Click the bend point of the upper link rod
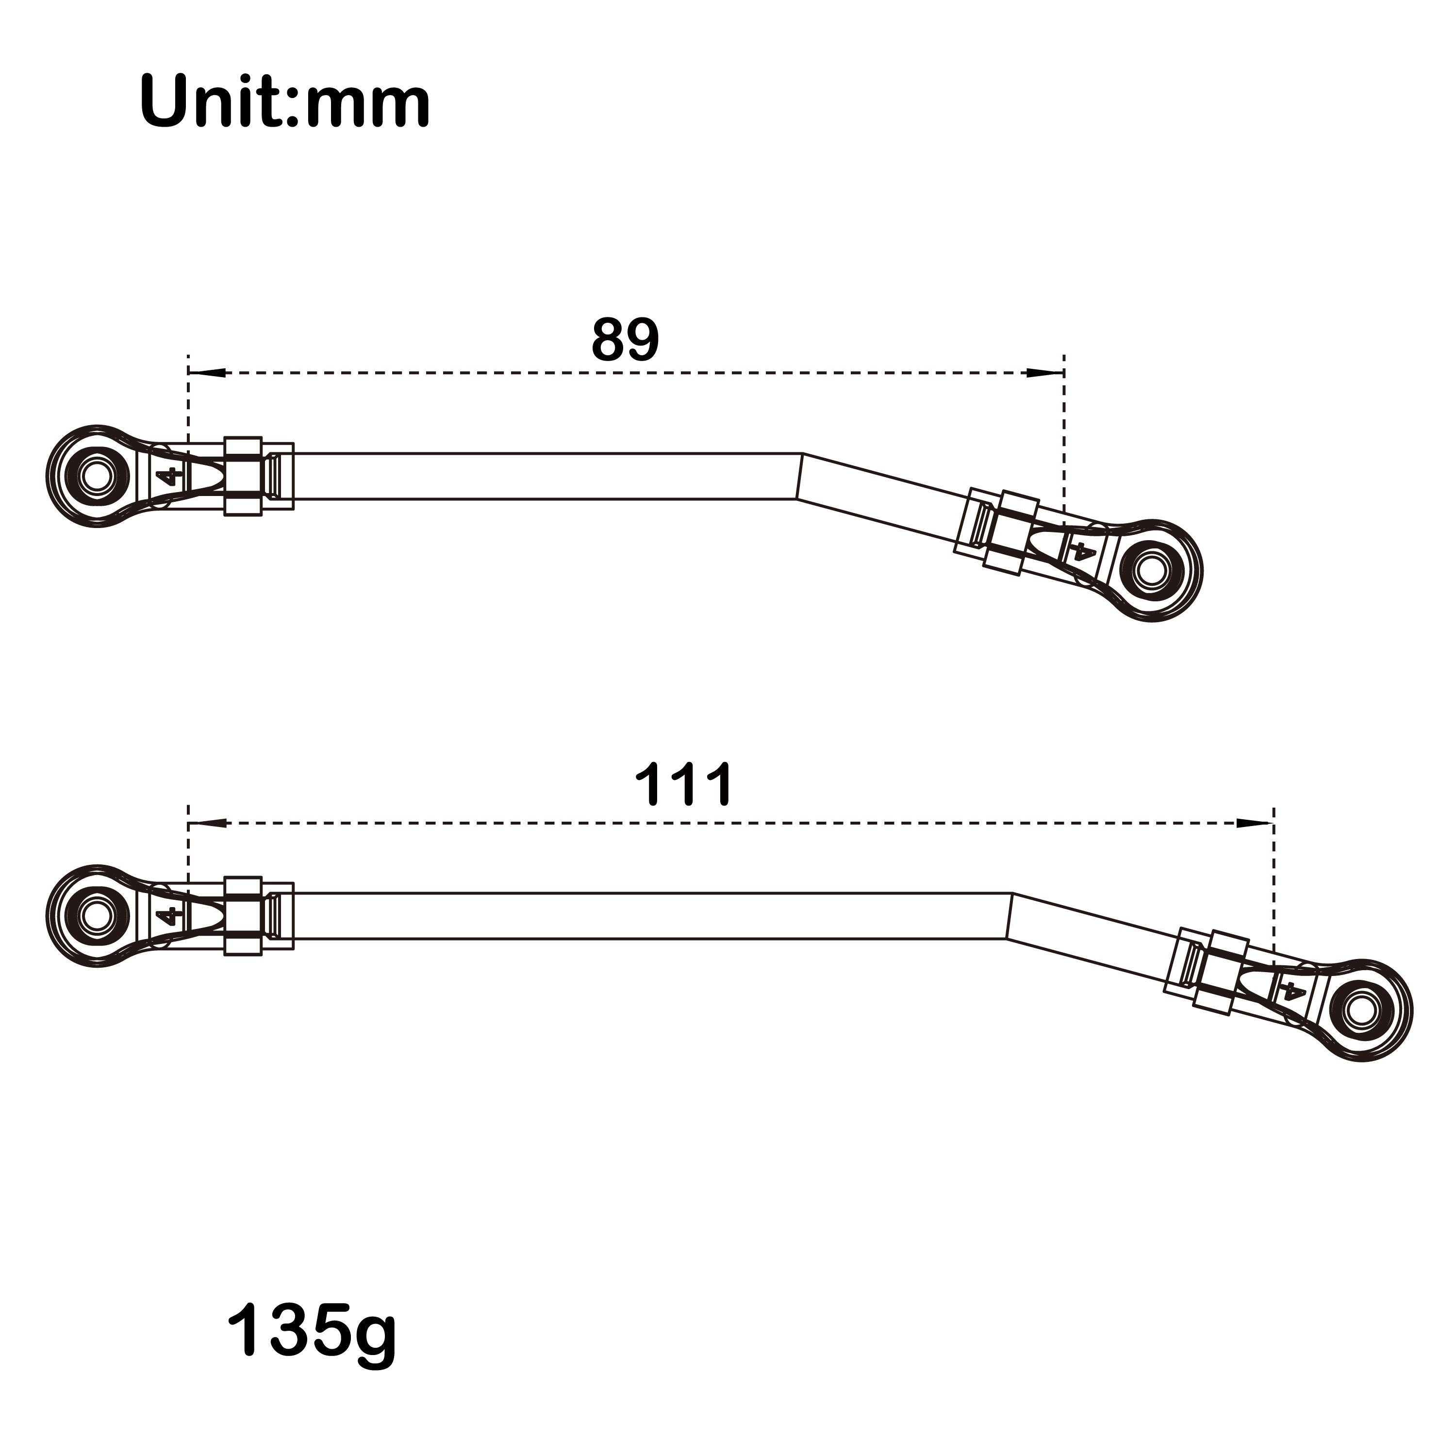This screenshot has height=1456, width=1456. [x=800, y=476]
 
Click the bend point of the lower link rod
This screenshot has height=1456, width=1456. [x=1010, y=916]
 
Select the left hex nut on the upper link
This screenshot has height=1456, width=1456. [x=243, y=476]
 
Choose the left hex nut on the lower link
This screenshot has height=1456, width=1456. [x=243, y=916]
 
